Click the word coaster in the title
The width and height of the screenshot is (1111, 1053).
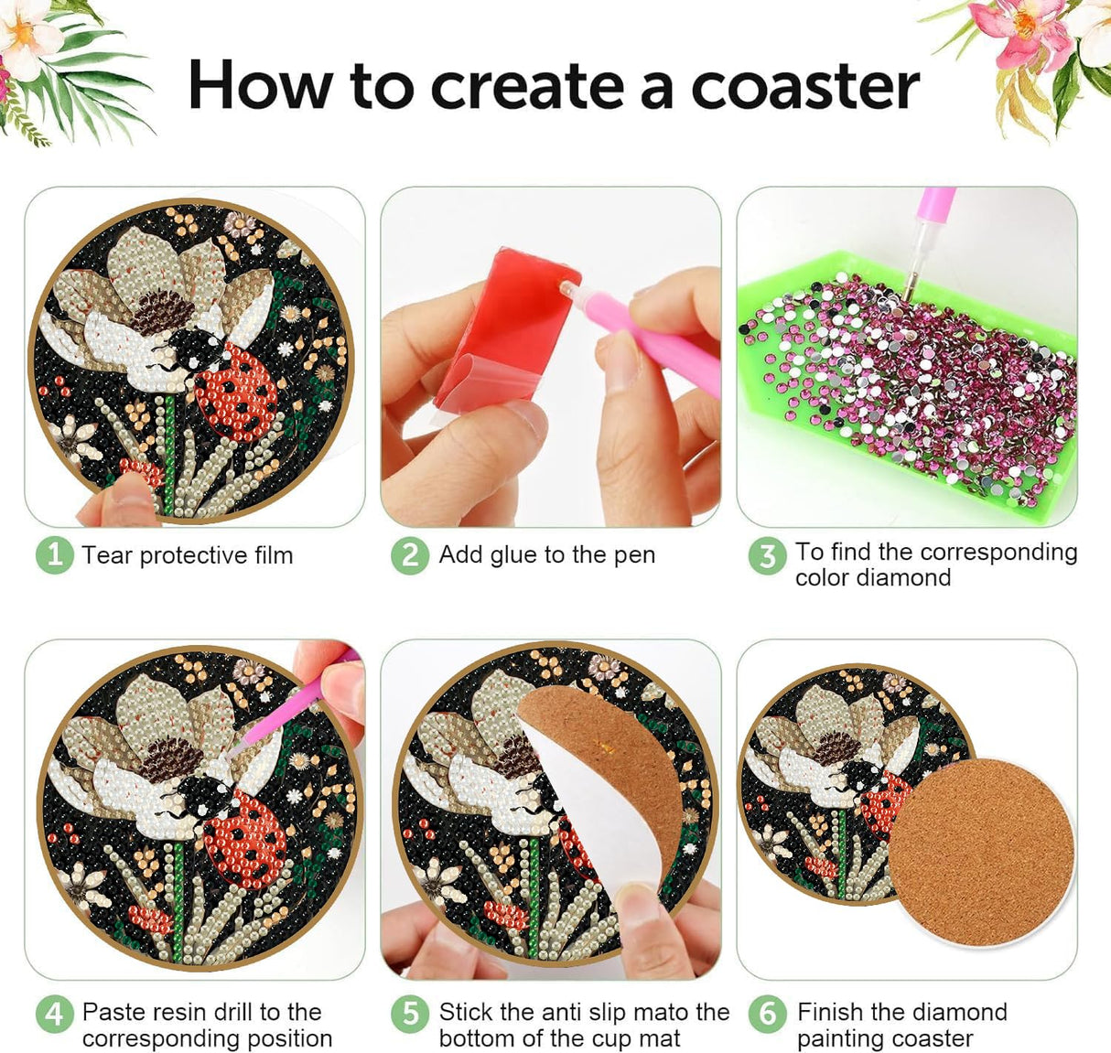(x=804, y=86)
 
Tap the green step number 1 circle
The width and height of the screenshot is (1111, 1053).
(x=54, y=555)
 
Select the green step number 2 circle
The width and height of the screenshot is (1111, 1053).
(x=409, y=555)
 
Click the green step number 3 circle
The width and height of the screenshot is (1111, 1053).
(x=766, y=555)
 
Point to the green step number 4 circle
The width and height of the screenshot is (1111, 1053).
(x=54, y=1014)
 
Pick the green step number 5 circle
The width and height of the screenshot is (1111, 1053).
(x=409, y=1014)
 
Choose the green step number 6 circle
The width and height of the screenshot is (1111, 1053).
(x=766, y=1014)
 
